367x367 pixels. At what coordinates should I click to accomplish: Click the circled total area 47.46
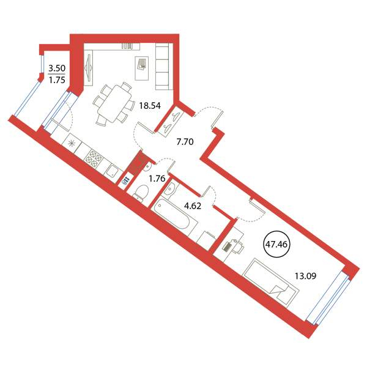pos(276,244)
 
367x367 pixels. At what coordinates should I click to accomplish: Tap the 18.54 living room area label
pos(150,106)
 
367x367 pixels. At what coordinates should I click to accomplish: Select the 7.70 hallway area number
pos(185,142)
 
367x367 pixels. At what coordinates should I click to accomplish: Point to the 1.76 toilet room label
pos(157,179)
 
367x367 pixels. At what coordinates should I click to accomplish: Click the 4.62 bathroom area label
pos(193,206)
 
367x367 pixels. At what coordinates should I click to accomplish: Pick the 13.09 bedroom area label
pos(305,276)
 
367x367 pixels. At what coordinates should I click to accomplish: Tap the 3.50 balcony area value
pos(57,69)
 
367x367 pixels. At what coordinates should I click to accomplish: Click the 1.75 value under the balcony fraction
pos(57,80)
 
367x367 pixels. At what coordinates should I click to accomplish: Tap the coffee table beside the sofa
pos(142,68)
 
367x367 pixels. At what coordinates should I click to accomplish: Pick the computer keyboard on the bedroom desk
pos(227,247)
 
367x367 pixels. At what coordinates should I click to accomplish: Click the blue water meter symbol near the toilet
pos(125,181)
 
